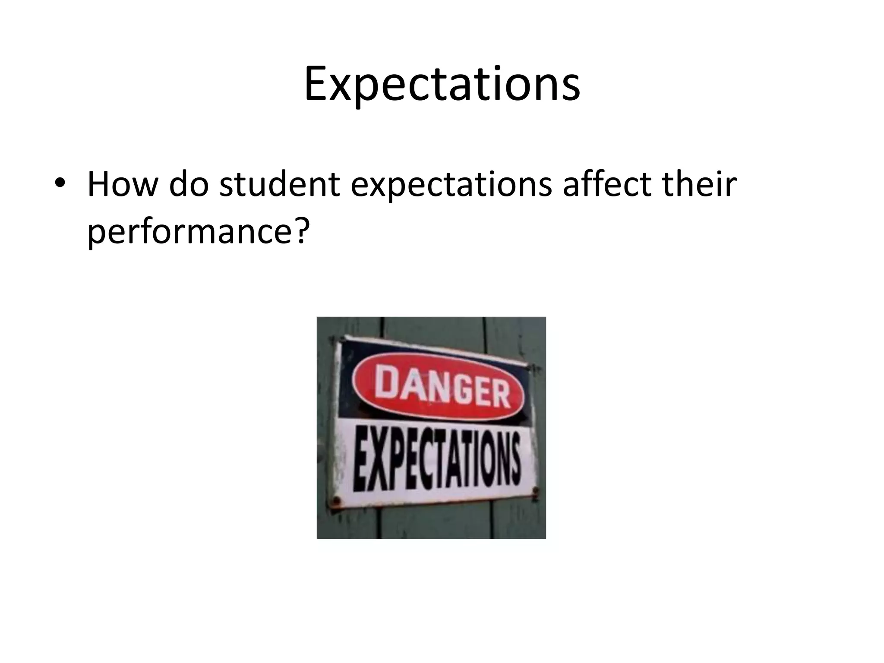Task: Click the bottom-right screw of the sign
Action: [536, 490]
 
